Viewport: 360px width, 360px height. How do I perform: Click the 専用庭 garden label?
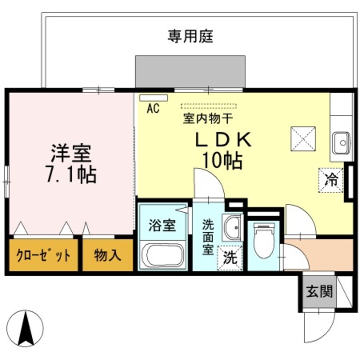(190, 36)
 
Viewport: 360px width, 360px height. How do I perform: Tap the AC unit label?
(153, 109)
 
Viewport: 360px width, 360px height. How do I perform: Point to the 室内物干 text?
(207, 119)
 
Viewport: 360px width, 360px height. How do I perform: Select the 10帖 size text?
(222, 161)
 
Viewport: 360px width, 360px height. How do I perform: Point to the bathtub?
(164, 256)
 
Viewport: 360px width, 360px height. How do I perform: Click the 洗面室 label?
(209, 236)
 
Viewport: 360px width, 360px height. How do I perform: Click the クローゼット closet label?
(43, 256)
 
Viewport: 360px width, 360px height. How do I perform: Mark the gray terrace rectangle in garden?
(190, 71)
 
